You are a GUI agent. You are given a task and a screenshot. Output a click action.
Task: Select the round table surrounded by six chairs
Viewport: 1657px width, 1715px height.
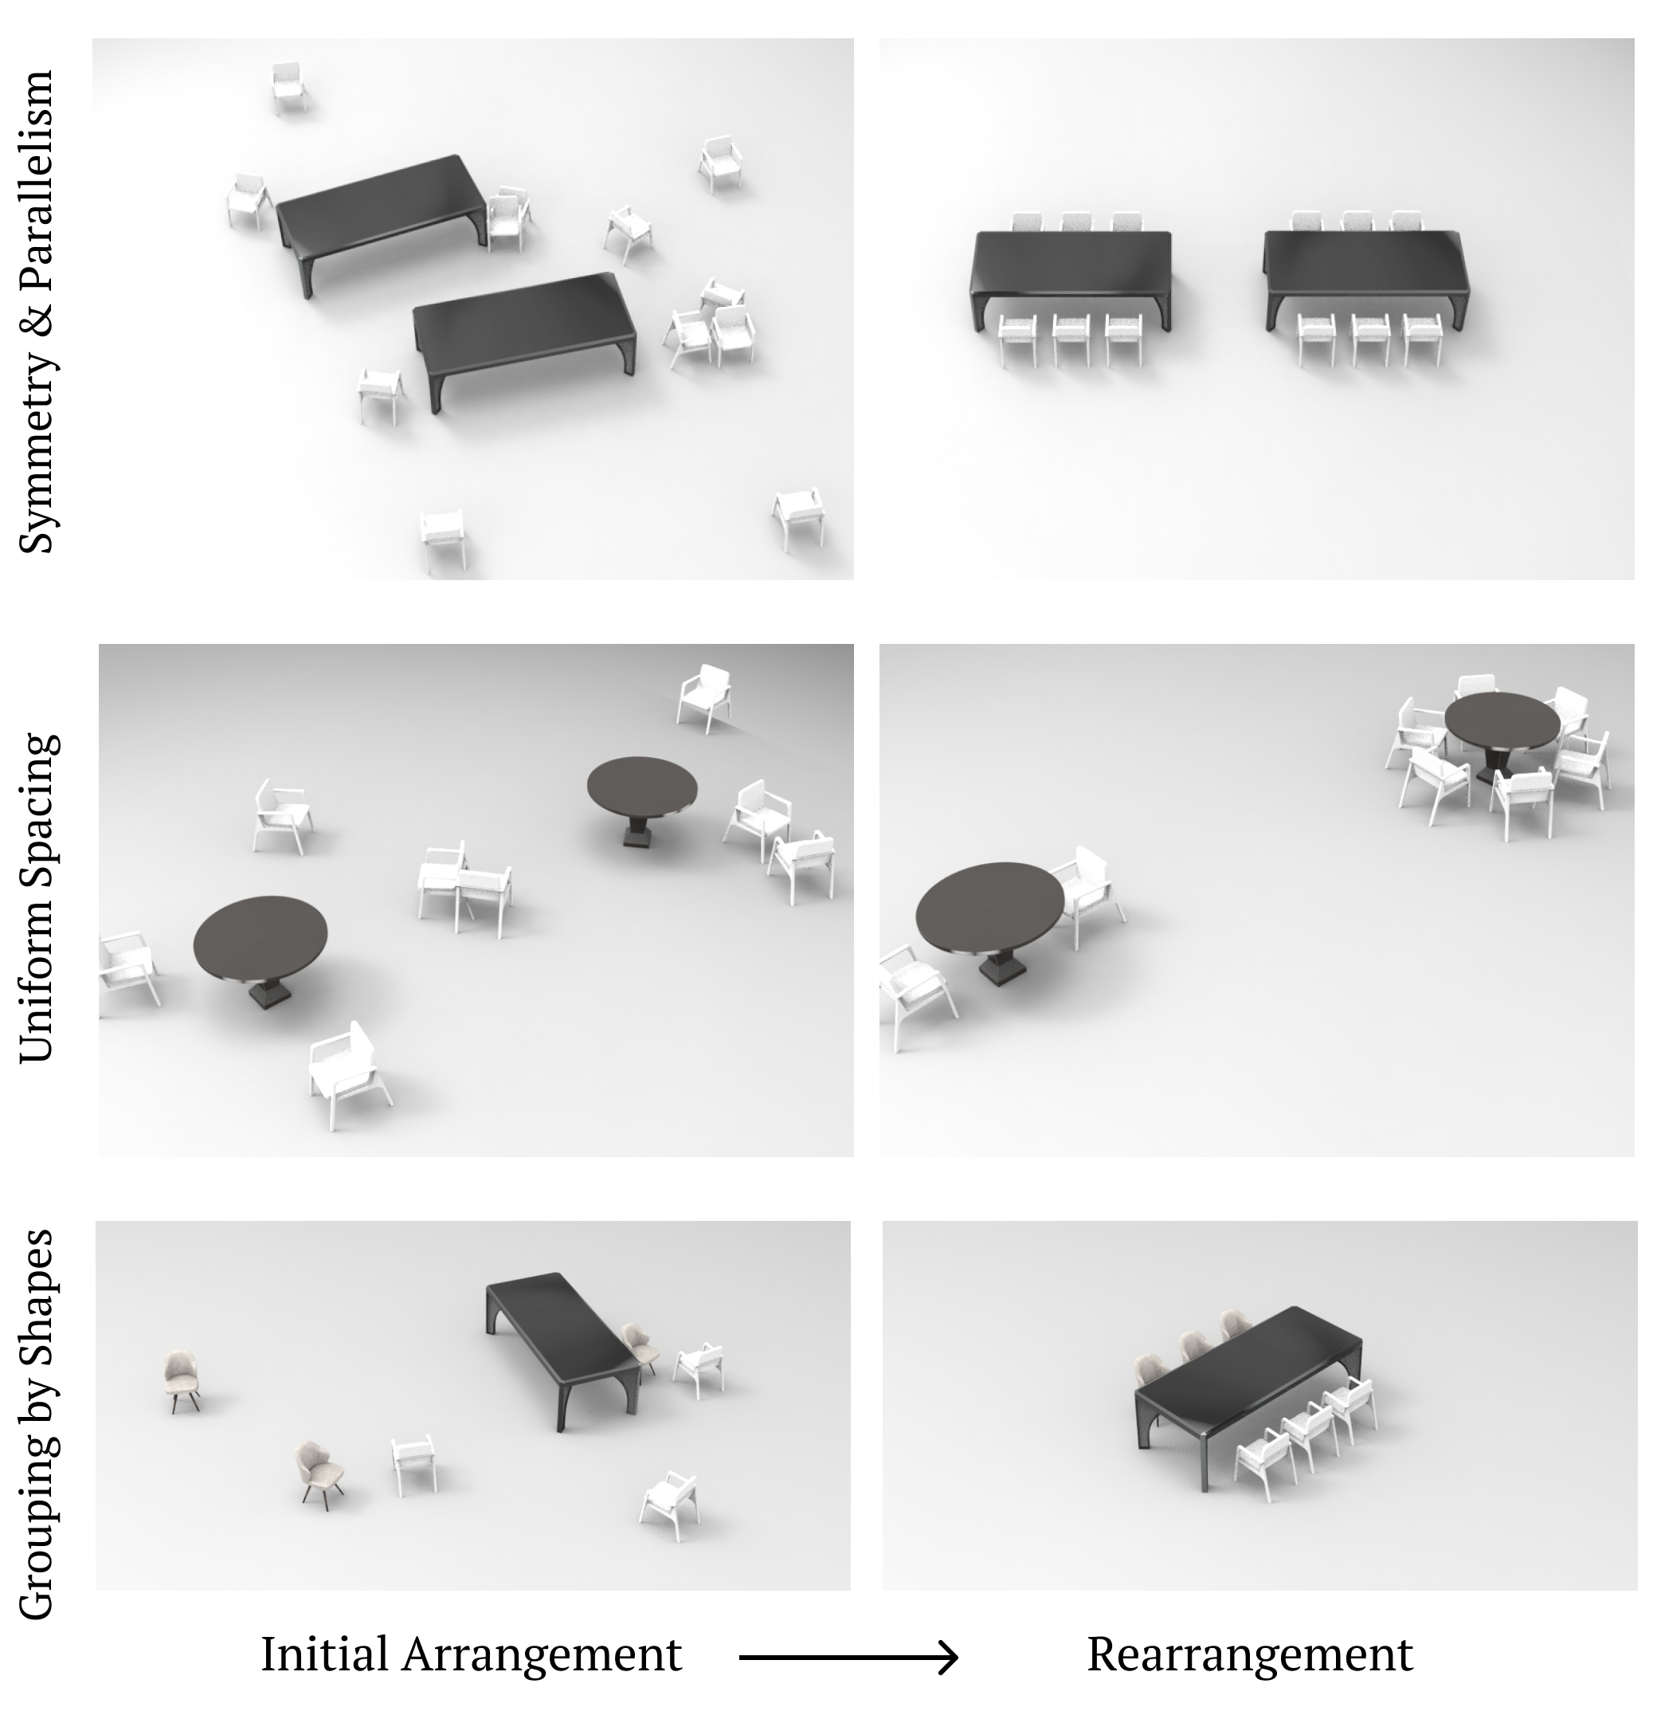click(x=1502, y=733)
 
